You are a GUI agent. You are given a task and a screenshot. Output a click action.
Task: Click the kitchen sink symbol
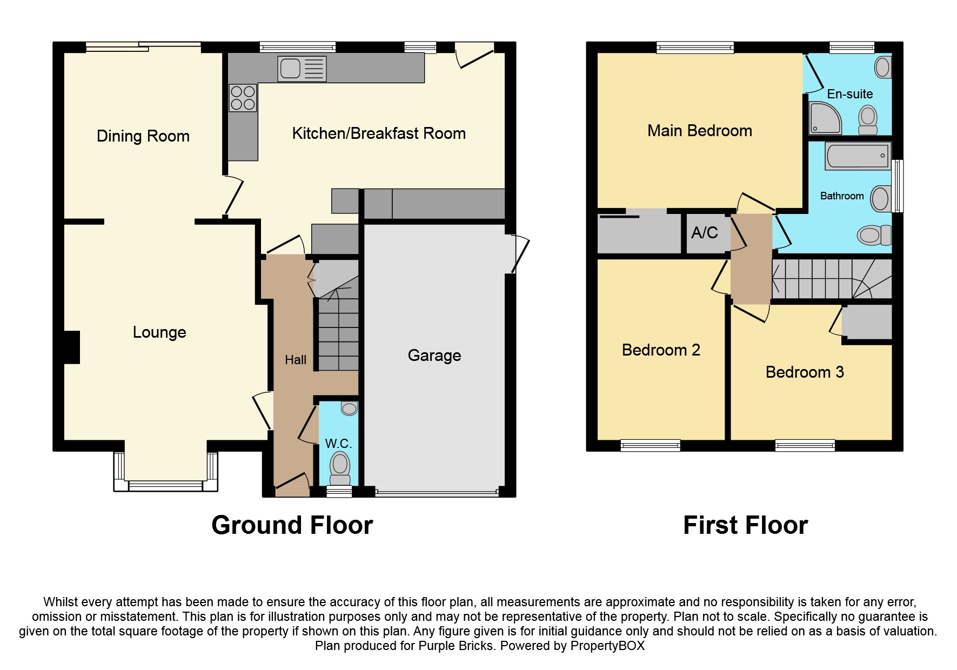[302, 69]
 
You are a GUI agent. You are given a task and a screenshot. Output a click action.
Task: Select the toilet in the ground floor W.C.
[340, 466]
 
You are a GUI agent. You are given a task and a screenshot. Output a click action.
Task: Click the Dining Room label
[143, 136]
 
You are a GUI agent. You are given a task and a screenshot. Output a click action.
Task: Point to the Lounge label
[159, 332]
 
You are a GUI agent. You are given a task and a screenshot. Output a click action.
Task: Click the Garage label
[434, 356]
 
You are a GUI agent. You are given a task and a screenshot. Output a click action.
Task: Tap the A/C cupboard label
[705, 233]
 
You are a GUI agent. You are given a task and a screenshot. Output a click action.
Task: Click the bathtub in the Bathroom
[858, 156]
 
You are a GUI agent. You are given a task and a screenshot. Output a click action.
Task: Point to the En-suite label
[850, 94]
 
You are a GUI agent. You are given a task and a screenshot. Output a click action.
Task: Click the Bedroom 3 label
[805, 372]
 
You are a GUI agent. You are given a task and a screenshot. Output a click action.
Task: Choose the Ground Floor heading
[292, 525]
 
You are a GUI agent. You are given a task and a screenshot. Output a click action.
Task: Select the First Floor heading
[745, 525]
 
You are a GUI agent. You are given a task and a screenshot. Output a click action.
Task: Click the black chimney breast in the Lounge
[72, 347]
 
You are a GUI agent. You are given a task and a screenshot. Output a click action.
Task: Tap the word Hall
[296, 360]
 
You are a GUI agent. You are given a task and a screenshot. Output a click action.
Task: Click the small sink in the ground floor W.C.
[349, 408]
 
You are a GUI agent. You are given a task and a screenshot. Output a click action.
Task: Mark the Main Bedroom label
[700, 131]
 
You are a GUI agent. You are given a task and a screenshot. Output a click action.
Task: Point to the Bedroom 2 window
[650, 446]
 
